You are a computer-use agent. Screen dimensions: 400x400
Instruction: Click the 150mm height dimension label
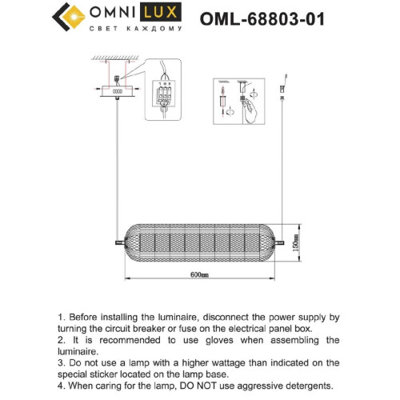(x=295, y=241)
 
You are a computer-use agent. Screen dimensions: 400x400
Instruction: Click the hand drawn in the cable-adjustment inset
(x=250, y=110)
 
